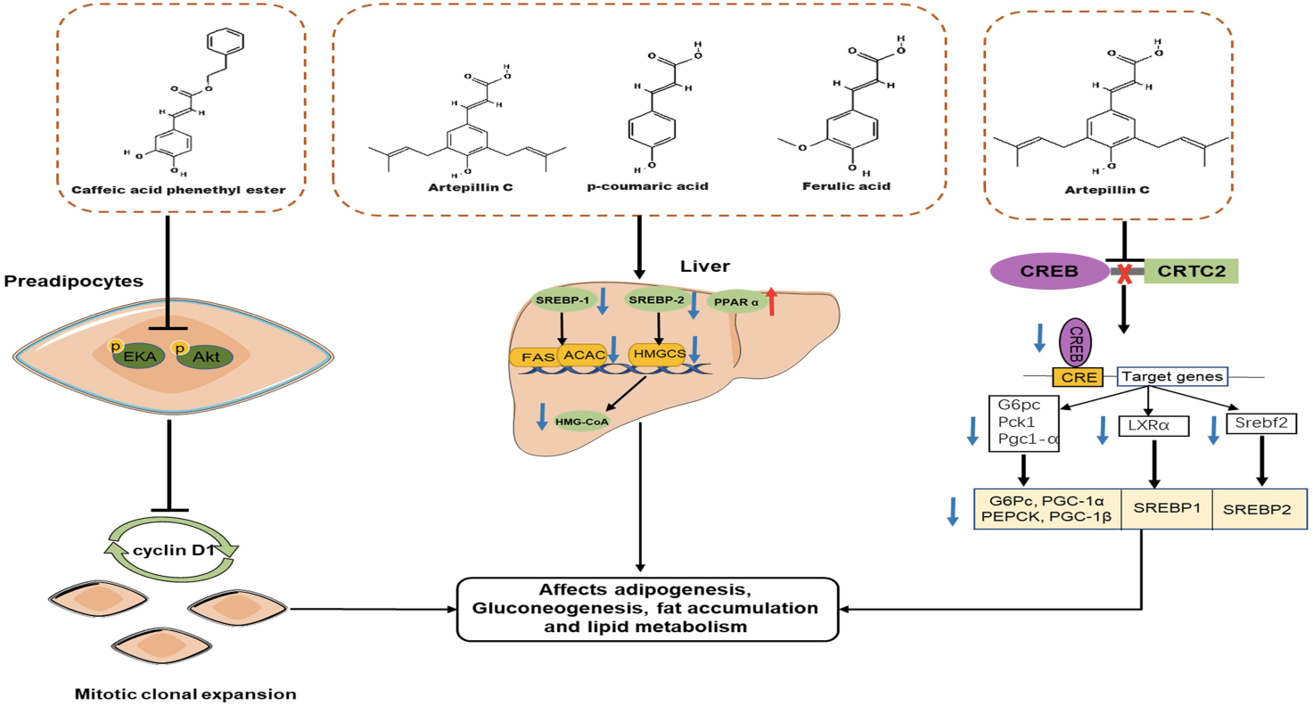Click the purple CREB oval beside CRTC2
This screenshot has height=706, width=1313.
(x=1035, y=270)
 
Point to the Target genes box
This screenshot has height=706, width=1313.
(x=1171, y=377)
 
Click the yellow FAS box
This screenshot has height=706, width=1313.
(x=532, y=357)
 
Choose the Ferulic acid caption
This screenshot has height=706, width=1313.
(x=835, y=187)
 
